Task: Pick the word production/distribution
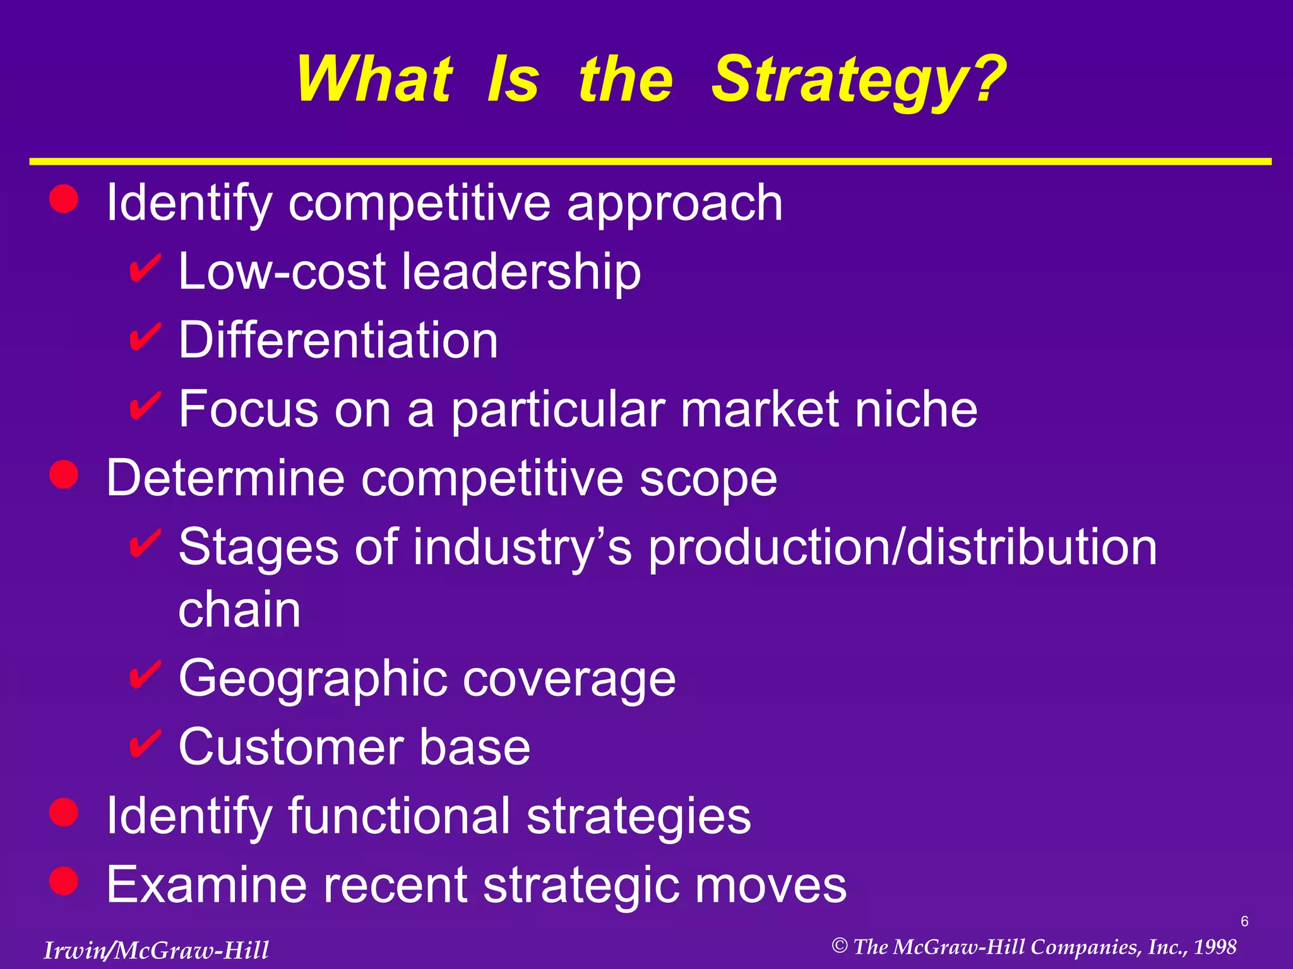[903, 547]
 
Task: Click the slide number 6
[1244, 922]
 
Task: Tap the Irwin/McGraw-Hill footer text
[156, 950]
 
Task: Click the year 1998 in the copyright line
[1215, 947]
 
